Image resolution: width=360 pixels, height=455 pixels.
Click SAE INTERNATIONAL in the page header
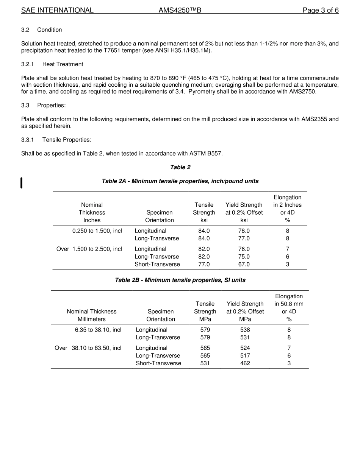(x=57, y=11)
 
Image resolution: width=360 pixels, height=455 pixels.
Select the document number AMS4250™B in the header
(x=180, y=11)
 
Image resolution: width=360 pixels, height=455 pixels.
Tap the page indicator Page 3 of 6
(x=320, y=11)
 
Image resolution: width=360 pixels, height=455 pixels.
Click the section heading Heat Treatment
(x=63, y=64)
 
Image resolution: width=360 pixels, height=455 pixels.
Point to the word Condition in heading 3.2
(x=49, y=30)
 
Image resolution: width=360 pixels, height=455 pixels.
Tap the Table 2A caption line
(x=180, y=181)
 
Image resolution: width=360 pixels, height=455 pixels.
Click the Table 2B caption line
(x=180, y=280)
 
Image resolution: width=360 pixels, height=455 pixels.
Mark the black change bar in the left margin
(x=22, y=182)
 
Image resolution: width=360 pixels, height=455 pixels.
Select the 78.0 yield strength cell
(x=244, y=231)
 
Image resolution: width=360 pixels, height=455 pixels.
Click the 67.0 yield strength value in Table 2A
(x=244, y=265)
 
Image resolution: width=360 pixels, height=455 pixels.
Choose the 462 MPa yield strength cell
(x=245, y=363)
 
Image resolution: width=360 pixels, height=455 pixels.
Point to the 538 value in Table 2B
(x=245, y=330)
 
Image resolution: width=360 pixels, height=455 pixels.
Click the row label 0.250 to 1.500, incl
(x=97, y=231)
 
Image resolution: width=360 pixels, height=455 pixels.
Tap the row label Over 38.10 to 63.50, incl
(x=88, y=348)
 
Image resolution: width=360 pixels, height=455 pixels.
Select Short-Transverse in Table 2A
(x=157, y=265)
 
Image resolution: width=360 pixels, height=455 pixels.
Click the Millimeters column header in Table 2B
(x=92, y=319)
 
